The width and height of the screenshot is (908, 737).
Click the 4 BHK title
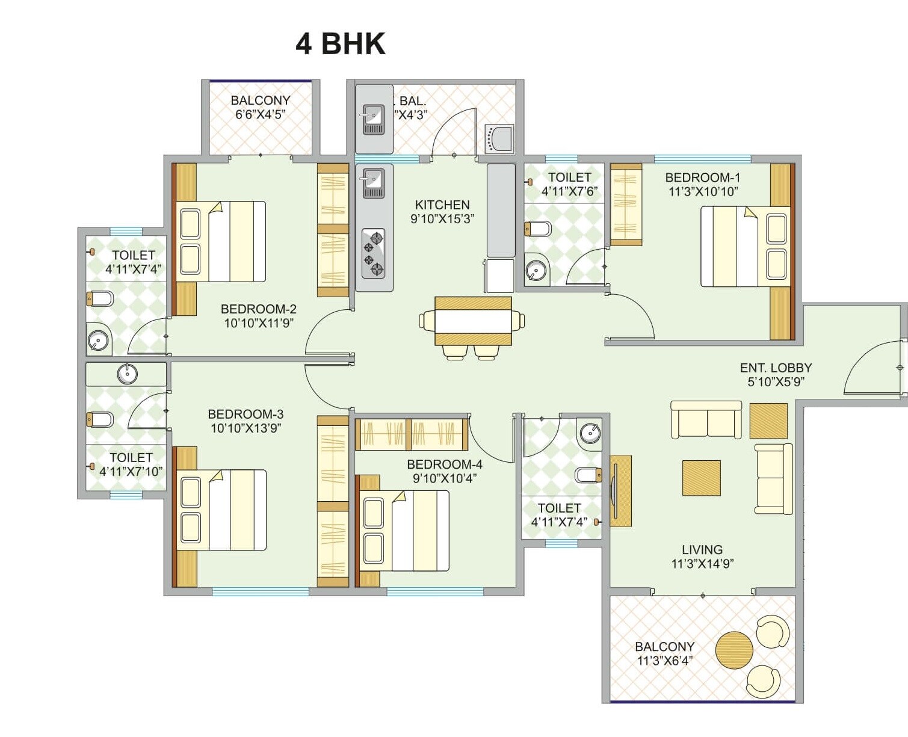coord(340,44)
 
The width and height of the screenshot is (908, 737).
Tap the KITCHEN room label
coord(442,205)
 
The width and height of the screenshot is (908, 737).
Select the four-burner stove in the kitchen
coord(373,253)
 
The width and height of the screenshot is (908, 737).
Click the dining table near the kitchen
coord(473,321)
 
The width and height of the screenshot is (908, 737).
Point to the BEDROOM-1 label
coord(702,177)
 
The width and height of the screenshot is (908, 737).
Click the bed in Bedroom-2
coord(221,241)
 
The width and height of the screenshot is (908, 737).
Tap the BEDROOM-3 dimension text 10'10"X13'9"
coord(246,428)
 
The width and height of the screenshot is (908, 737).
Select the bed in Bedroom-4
coord(404,531)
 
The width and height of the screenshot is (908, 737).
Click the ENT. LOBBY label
coord(776,368)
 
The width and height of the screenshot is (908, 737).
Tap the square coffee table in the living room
coord(701,478)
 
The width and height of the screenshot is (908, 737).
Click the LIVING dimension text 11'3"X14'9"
coord(702,564)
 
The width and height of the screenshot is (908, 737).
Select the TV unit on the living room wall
coord(620,491)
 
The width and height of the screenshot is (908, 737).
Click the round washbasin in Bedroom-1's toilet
coord(536,271)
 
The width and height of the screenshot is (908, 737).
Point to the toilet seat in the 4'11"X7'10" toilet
coord(100,419)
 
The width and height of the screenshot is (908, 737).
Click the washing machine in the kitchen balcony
coord(499,139)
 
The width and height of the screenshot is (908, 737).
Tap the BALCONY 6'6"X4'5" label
coord(260,107)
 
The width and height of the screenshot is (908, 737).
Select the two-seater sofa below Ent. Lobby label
coord(706,419)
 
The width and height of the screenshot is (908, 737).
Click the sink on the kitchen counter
coord(373,183)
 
